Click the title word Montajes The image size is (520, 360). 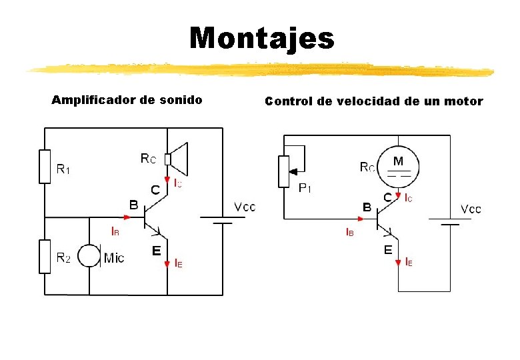click(261, 38)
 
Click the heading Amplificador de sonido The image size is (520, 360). click(127, 101)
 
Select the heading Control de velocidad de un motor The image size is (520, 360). click(373, 102)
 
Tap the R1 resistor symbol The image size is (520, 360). click(45, 166)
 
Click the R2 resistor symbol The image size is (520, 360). click(45, 257)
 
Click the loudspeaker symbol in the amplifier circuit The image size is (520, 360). click(177, 159)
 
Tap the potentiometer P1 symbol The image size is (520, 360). click(284, 171)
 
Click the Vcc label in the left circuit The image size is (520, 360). click(244, 207)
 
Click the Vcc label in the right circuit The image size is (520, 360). click(471, 209)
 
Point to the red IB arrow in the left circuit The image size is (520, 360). click(126, 217)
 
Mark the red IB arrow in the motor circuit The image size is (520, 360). click(360, 219)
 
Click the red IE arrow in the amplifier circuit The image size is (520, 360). click(167, 264)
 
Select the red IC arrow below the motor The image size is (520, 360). click(398, 196)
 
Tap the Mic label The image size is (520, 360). click(114, 258)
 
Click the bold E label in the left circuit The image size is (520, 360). click(155, 251)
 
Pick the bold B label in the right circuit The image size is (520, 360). click(367, 207)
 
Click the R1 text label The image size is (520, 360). click(63, 170)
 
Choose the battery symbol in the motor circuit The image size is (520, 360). click(451, 221)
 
